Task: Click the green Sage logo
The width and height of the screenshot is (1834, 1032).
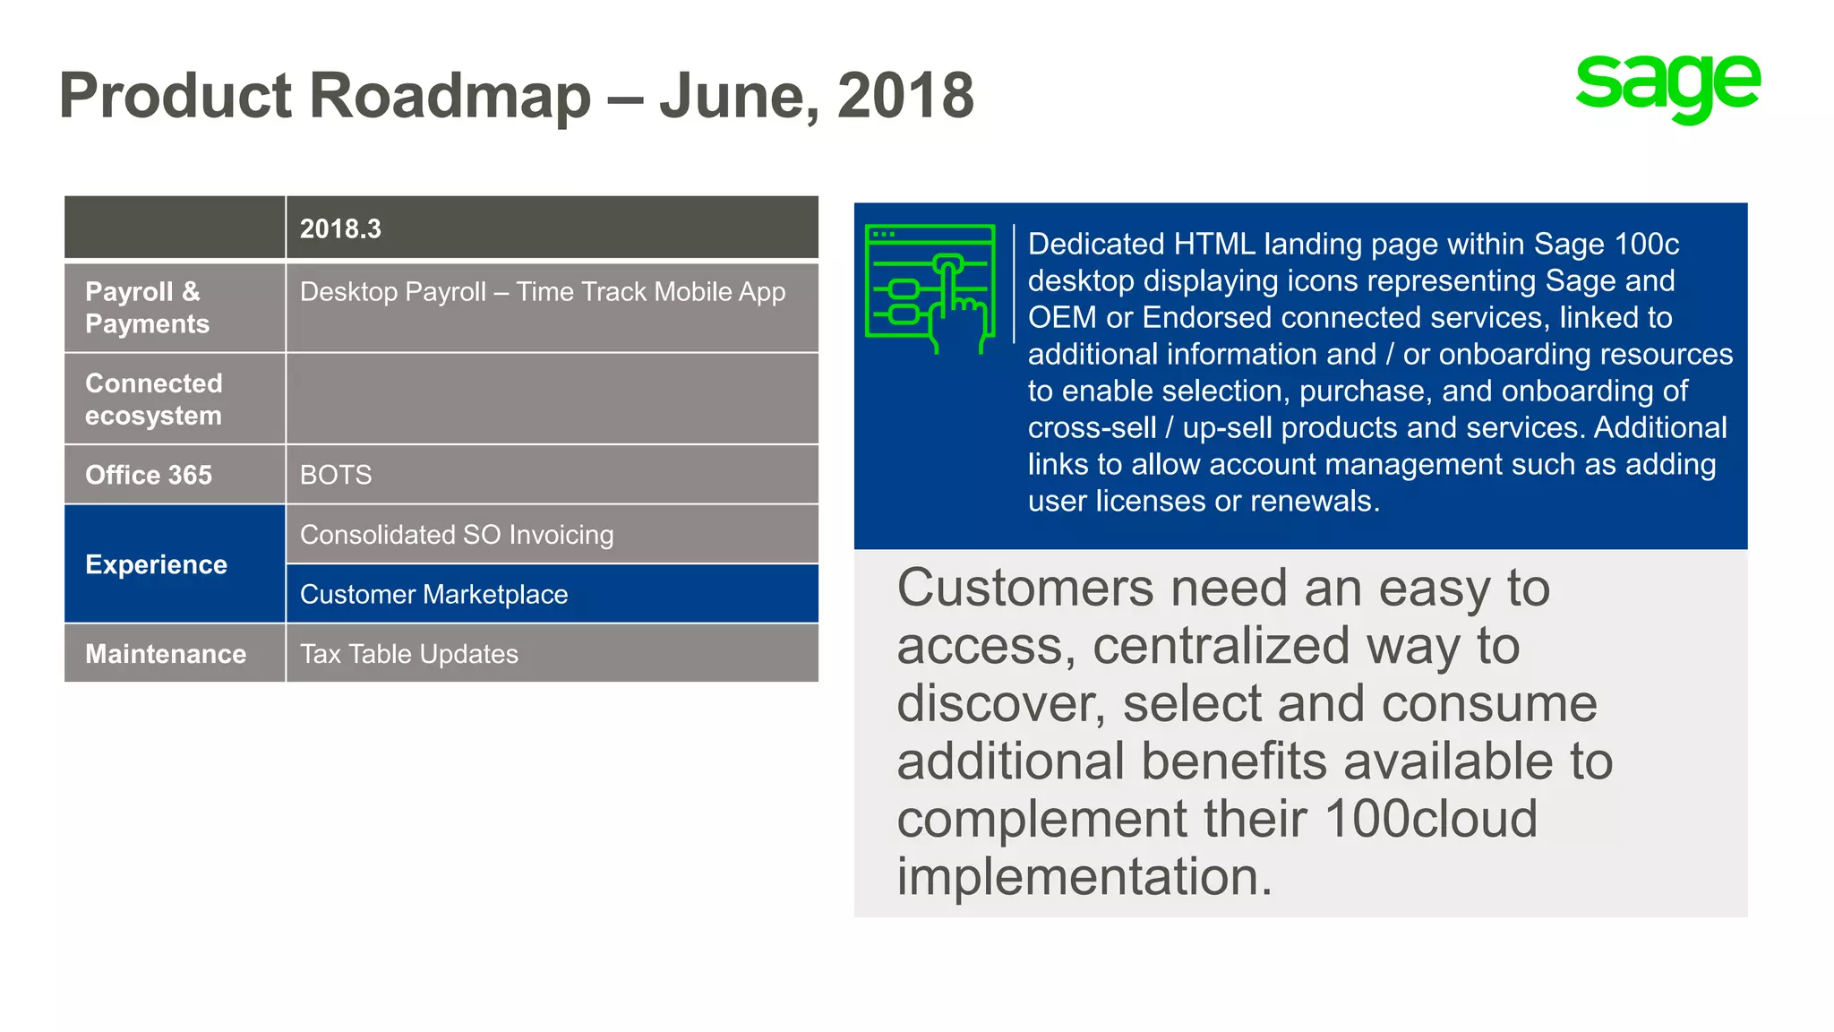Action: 1667,87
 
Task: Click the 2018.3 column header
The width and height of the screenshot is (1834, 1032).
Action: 340,229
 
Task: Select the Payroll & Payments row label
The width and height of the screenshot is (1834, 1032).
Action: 148,307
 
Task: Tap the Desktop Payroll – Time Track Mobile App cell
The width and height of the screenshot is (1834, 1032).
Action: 542,292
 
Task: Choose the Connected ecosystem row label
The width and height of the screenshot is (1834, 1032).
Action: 154,400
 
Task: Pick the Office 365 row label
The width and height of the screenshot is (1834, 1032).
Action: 149,475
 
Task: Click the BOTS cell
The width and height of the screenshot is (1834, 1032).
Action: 336,475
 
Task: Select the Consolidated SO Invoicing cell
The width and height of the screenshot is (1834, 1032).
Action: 457,535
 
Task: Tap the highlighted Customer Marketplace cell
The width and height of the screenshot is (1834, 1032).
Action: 434,594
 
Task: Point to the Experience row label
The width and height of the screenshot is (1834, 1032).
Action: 157,564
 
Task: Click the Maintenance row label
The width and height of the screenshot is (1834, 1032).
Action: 166,654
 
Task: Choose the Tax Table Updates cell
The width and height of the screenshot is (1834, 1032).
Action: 409,654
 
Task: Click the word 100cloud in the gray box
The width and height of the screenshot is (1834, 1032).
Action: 1430,819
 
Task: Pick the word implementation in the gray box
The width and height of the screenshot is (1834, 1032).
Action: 1084,876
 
